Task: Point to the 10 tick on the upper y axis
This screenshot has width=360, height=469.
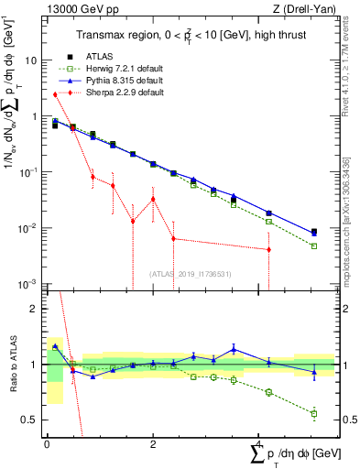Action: (x=34, y=60)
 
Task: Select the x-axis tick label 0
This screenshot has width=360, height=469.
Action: (x=47, y=442)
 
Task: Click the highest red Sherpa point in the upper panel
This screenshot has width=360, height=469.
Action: (x=55, y=93)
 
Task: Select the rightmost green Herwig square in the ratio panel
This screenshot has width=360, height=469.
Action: (x=314, y=414)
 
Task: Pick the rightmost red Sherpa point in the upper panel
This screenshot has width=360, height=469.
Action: (x=268, y=249)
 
